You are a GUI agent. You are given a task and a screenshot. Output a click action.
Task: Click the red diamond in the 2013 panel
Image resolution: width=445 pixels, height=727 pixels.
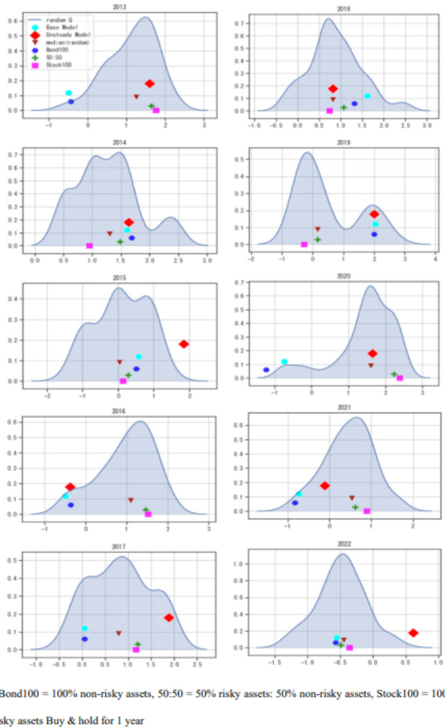pyautogui.click(x=150, y=84)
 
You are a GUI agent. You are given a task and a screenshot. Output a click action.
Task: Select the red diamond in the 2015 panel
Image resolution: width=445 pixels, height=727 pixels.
pyautogui.click(x=184, y=344)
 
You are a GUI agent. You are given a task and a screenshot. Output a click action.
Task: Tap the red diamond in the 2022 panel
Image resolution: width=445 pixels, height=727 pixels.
pyautogui.click(x=413, y=633)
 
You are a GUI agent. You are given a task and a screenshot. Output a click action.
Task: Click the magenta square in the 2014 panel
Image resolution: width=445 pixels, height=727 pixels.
pyautogui.click(x=89, y=246)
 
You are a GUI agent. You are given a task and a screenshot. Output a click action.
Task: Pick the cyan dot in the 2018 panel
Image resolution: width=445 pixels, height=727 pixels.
pyautogui.click(x=367, y=96)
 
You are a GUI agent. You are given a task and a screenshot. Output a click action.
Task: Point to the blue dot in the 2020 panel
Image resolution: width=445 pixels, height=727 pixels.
pyautogui.click(x=266, y=370)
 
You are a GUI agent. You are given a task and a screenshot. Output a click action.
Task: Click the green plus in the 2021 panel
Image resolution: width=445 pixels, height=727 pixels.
pyautogui.click(x=355, y=508)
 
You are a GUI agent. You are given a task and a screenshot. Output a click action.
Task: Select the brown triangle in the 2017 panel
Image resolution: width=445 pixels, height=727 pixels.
pyautogui.click(x=119, y=633)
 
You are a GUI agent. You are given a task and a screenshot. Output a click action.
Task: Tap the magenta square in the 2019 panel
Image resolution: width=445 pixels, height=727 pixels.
pyautogui.click(x=304, y=244)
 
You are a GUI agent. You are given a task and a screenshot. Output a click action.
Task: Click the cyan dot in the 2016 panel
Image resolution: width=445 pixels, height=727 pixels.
pyautogui.click(x=65, y=496)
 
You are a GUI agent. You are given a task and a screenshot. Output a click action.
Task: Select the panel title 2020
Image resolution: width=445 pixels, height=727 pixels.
pyautogui.click(x=343, y=276)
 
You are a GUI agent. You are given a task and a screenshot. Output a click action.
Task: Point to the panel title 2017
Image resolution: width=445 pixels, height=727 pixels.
pyautogui.click(x=119, y=547)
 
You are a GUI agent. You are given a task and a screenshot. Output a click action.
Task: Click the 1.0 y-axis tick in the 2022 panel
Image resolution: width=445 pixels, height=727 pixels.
pyautogui.click(x=243, y=564)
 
